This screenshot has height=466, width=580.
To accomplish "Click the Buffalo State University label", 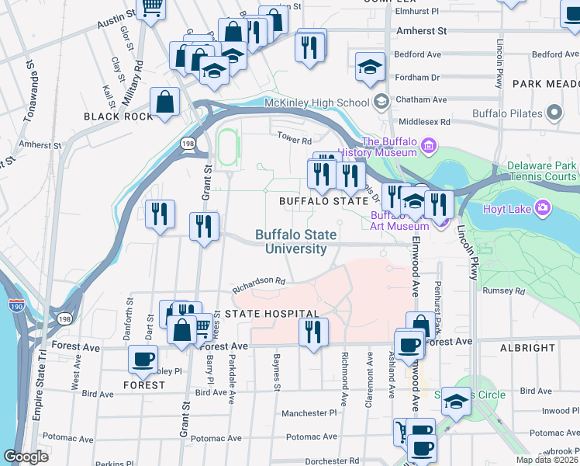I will point(296,242).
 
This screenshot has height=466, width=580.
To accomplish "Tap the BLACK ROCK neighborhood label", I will point(113,116).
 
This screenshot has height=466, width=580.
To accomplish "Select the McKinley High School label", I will point(316,103).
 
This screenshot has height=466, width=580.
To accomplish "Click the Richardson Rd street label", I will point(259,281).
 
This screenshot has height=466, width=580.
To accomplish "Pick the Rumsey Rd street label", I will point(503,291).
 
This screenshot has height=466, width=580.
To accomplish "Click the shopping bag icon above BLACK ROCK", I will point(165,103).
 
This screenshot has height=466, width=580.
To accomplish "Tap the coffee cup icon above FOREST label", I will point(141,360).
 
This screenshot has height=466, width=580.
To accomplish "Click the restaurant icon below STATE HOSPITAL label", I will point(313,332).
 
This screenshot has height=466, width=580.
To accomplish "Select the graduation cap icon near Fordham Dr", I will point(370,67).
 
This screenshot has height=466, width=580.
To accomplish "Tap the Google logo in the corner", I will point(26,457).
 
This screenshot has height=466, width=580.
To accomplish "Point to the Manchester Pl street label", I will point(309,414).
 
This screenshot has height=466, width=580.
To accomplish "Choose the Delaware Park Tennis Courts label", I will point(543,172).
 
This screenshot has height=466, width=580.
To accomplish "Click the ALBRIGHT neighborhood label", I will point(527,349).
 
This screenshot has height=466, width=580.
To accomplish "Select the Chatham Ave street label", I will point(421,100).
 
